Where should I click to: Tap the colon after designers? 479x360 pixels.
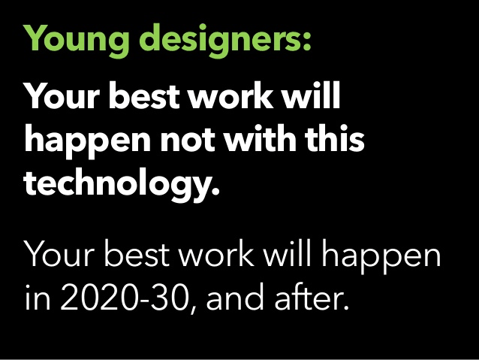[x=307, y=41]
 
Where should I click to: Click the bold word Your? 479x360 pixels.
[x=62, y=95]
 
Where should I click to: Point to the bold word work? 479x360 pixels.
[x=230, y=95]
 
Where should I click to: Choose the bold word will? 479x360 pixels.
[x=310, y=95]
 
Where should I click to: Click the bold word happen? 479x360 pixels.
[x=88, y=140]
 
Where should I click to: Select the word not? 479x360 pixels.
[x=188, y=140]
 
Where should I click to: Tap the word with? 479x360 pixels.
[x=260, y=138]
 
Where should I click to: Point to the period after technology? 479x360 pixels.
[x=215, y=191]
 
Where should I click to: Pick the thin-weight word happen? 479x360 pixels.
[x=382, y=256]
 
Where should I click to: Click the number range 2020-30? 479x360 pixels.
[x=123, y=297]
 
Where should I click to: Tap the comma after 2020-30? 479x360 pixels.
[x=193, y=309]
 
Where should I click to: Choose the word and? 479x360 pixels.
[x=234, y=295]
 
